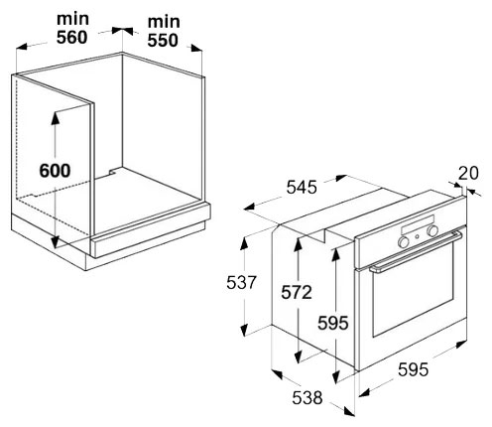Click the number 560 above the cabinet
point(71,37)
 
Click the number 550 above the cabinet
point(163,40)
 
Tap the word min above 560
point(72,19)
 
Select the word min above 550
point(164,22)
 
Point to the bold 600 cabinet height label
point(55,171)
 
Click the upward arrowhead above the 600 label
point(55,118)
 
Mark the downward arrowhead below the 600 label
point(55,241)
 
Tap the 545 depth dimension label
point(302,187)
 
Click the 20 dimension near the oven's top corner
point(468,173)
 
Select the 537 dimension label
point(241,283)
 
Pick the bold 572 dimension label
point(297,293)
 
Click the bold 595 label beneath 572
point(333,323)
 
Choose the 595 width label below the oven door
point(413,369)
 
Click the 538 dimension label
point(307,397)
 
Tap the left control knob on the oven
point(404,242)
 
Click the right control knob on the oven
point(432,231)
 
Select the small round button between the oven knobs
point(418,236)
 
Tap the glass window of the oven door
point(414,289)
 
